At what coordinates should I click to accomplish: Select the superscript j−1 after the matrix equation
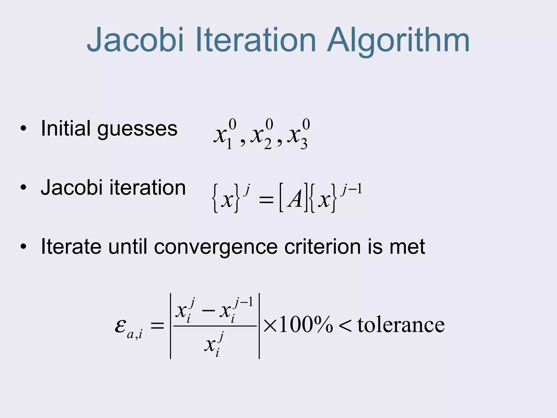pos(352,189)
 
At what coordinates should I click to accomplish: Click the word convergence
pos(216,247)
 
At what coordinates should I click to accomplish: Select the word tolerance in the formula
pos(401,325)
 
